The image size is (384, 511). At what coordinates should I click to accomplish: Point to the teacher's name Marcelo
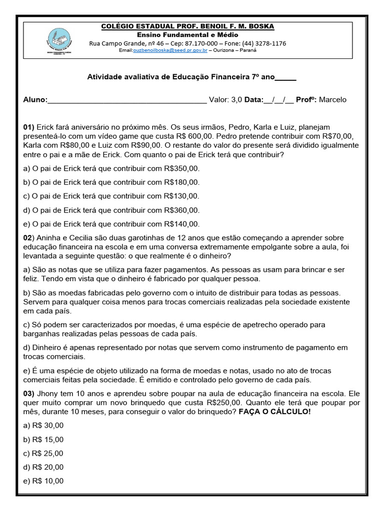pos(332,100)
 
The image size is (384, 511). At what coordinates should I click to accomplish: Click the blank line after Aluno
pos(127,100)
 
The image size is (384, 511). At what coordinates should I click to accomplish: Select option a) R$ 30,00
pos(43,426)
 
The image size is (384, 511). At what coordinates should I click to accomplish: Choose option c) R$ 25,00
pos(43,454)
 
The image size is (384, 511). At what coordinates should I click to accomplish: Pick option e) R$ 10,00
pos(43,482)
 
